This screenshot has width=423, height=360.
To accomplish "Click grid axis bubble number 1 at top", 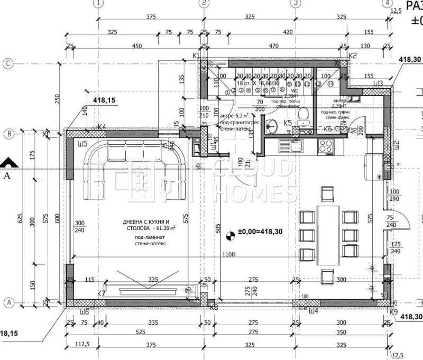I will pyautogui.click(x=97, y=3).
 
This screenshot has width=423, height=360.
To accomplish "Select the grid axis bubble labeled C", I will pyautogui.click(x=8, y=63).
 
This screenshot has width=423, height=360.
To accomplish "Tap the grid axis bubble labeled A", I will pyautogui.click(x=8, y=302).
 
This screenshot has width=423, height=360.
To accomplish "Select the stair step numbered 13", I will pyautogui.click(x=331, y=84).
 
